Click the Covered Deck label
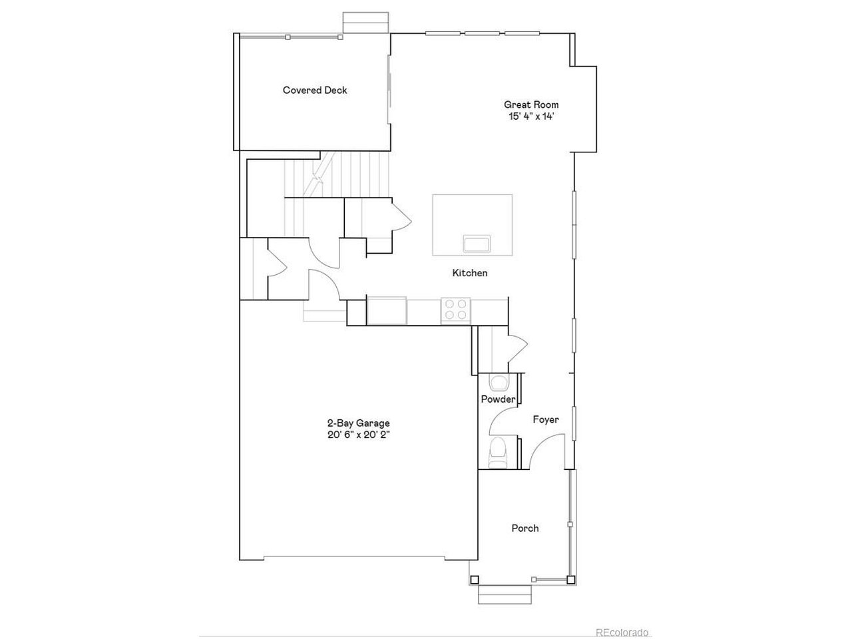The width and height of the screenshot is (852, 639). point(315,91)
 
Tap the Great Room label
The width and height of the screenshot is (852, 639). point(531,105)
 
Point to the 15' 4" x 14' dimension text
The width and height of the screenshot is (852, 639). point(531,116)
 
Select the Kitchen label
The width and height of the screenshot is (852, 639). point(470,273)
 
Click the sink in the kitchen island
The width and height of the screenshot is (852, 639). point(477,244)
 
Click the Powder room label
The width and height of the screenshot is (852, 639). point(498,399)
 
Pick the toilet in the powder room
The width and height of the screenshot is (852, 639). point(498,453)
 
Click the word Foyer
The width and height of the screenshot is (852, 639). point(546,420)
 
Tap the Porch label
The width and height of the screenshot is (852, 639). point(525,529)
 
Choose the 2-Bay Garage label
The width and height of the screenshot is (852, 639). point(358,423)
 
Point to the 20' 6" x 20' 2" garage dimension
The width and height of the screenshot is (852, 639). point(358,435)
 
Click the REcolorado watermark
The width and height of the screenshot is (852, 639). point(622,633)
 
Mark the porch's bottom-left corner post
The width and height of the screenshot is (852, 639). point(475,580)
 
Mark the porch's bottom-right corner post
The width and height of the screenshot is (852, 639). point(570,580)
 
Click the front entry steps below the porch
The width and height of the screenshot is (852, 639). point(505,595)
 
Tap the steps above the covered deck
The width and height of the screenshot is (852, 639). point(365,23)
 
